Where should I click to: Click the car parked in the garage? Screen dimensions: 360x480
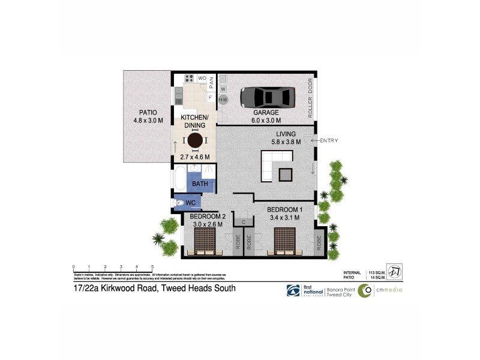click(267, 96)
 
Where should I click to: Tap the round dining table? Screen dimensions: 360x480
click(196, 140)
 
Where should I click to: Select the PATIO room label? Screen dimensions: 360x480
click(148, 112)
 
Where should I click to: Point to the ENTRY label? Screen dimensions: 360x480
click(329, 141)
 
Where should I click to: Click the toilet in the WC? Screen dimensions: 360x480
click(181, 203)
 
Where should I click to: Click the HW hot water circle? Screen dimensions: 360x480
click(223, 100)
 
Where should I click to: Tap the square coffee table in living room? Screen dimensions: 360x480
click(286, 175)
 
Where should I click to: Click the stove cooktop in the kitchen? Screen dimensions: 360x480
click(189, 78)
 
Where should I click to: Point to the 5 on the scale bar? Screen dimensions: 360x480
click(152, 266)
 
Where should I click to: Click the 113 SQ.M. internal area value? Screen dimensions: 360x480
click(377, 272)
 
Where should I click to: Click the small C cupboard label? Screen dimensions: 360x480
click(243, 223)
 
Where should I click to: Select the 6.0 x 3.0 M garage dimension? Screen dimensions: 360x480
click(266, 120)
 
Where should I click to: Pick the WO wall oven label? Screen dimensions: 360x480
click(202, 78)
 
